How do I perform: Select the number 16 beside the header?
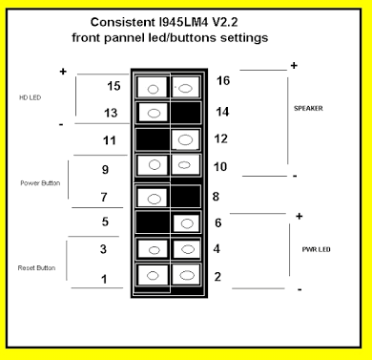(x=224, y=81)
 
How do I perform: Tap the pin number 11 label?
(x=110, y=141)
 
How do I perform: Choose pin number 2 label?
(x=217, y=277)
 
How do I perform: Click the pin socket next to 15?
(x=150, y=86)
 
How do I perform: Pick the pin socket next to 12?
(x=187, y=140)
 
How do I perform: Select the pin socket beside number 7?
(x=150, y=198)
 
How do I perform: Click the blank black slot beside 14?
(x=187, y=113)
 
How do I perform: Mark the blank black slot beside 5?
(x=150, y=223)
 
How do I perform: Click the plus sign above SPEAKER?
(x=293, y=65)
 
